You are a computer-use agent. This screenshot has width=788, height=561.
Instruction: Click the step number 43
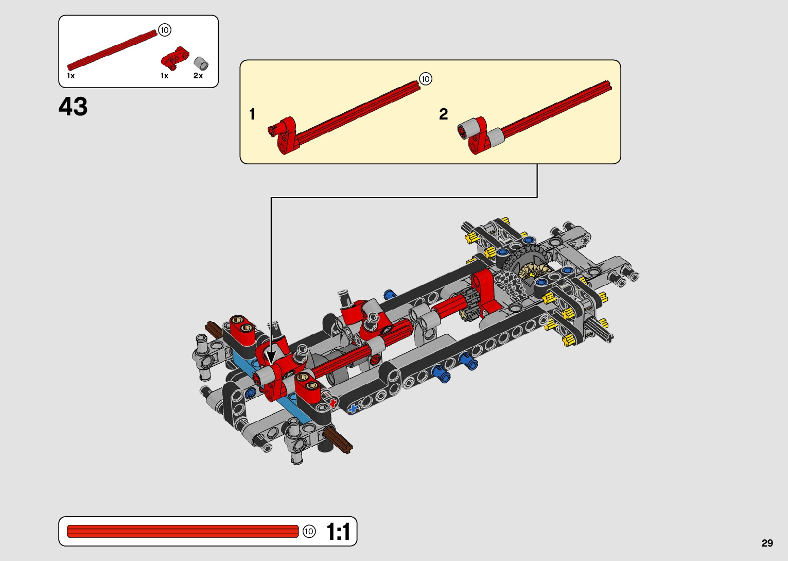tap(73, 106)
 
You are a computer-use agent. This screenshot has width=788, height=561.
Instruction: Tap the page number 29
tap(767, 543)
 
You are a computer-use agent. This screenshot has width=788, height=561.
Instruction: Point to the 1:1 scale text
tap(338, 532)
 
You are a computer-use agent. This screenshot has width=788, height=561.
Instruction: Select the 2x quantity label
tap(198, 76)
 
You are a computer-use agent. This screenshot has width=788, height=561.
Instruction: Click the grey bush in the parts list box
tap(201, 64)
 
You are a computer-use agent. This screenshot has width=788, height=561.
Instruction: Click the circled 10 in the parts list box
tap(165, 30)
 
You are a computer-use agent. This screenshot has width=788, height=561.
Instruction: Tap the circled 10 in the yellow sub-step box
tap(426, 79)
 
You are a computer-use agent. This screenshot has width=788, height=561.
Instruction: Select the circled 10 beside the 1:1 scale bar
tap(309, 532)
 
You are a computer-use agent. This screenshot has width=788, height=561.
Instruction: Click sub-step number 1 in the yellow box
tap(252, 114)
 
